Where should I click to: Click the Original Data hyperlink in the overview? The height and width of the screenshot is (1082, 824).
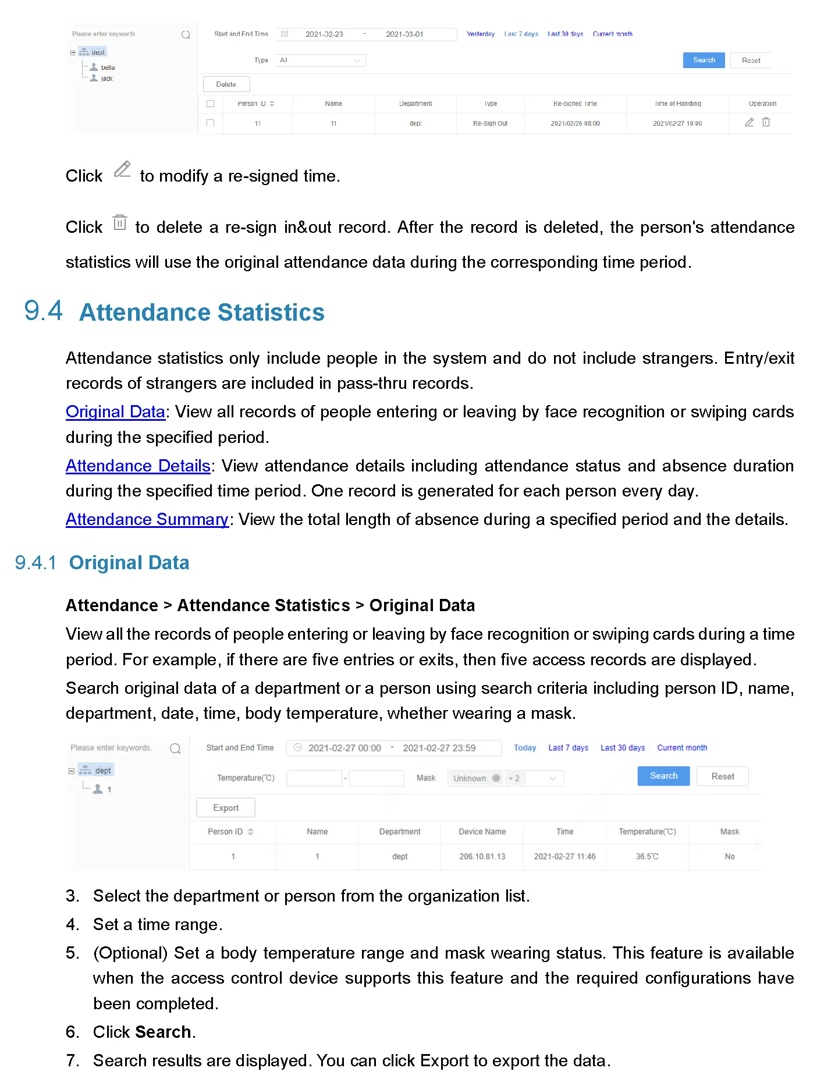(x=115, y=411)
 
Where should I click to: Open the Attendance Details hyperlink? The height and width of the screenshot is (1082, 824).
(x=138, y=466)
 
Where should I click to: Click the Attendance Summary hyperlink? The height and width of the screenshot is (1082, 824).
(x=147, y=519)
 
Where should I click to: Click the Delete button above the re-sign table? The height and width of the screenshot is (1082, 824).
(x=226, y=84)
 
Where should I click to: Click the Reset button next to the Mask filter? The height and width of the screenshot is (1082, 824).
(x=722, y=776)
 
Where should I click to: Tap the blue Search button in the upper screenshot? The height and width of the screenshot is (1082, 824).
(x=704, y=60)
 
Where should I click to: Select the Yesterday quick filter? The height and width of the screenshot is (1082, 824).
(x=481, y=34)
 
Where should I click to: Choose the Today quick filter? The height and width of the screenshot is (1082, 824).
(x=524, y=748)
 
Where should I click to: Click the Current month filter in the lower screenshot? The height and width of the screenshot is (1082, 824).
(x=682, y=748)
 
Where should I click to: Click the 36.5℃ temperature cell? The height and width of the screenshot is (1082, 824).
(x=647, y=857)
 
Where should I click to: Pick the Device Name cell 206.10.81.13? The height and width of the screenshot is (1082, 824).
(x=482, y=857)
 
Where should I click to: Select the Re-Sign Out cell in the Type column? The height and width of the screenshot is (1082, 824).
(x=490, y=123)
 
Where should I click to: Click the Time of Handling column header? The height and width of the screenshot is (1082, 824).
(x=677, y=104)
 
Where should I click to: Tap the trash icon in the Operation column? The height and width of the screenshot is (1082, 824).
(x=766, y=122)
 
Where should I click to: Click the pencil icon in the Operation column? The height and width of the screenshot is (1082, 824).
(x=750, y=122)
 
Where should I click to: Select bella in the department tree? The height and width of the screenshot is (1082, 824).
(x=108, y=68)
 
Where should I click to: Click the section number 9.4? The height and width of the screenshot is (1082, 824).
(x=43, y=311)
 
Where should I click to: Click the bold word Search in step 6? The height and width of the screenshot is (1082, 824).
(x=162, y=1032)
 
